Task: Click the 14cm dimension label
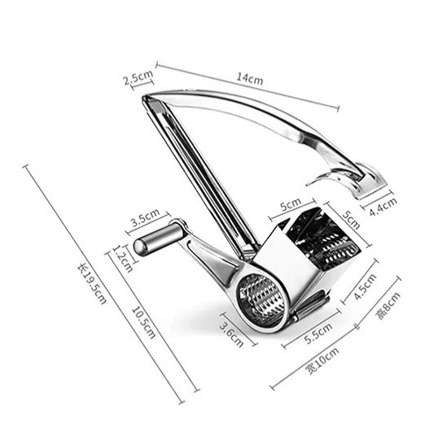(x=250, y=79)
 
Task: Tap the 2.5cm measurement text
(x=138, y=77)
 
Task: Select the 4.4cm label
(x=383, y=206)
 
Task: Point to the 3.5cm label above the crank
(x=146, y=217)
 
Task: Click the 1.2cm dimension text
(x=123, y=259)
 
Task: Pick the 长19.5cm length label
(x=92, y=284)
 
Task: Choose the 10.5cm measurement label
(x=143, y=322)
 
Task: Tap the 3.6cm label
(x=231, y=335)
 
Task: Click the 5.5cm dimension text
(x=318, y=334)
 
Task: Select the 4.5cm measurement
(x=366, y=286)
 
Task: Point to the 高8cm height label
(x=388, y=306)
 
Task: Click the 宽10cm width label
(x=322, y=361)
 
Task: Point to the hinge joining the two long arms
(x=148, y=98)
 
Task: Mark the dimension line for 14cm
(x=248, y=87)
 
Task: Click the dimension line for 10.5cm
(x=152, y=322)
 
